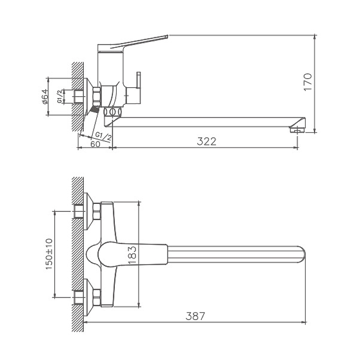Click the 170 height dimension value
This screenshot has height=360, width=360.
coord(308,82)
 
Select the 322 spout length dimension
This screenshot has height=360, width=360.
coord(207,141)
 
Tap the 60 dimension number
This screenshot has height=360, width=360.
coord(95,144)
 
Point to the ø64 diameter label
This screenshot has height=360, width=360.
coord(45,96)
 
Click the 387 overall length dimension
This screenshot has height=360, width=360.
coord(195,316)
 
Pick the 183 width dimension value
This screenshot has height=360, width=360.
coord(132,255)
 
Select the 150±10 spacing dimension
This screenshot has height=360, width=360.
coord(49,254)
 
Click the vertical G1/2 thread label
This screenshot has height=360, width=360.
coord(60,96)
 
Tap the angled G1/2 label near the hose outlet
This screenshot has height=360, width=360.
coord(103,136)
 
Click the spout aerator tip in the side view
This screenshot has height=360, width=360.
coord(297,130)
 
